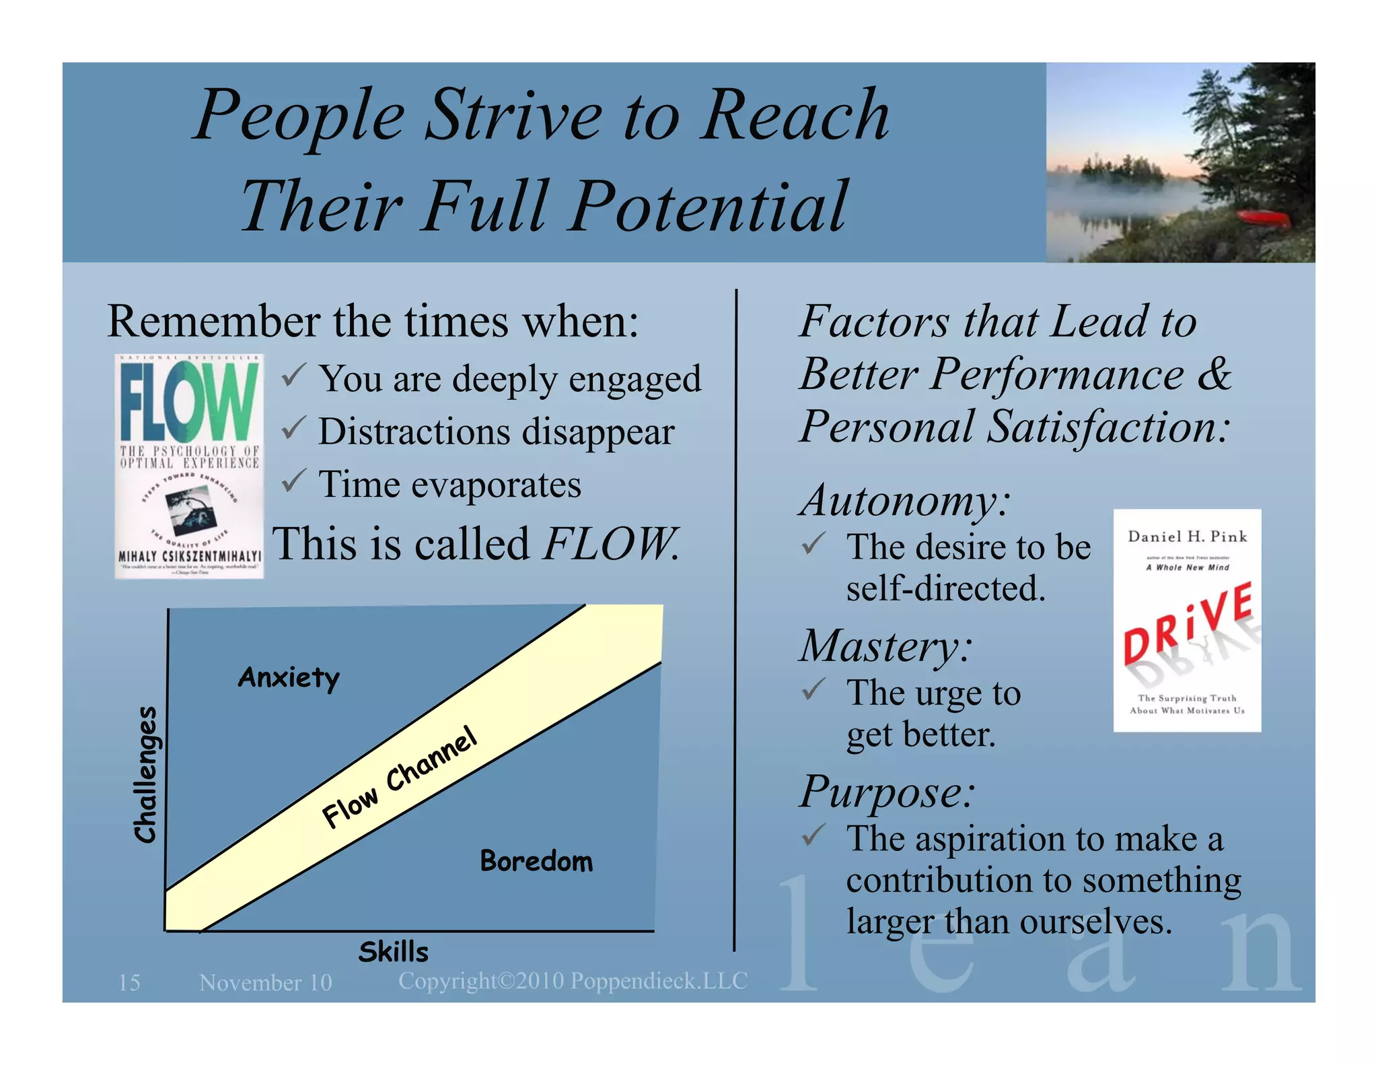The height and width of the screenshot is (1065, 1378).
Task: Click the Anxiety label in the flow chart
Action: (x=289, y=677)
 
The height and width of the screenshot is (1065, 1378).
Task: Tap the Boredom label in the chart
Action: (x=536, y=861)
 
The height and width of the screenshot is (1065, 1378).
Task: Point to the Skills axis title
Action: (x=394, y=952)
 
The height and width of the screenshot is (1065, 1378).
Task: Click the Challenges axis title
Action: (x=146, y=774)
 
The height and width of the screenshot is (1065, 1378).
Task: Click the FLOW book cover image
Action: (x=189, y=466)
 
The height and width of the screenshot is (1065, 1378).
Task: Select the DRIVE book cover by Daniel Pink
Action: (x=1187, y=620)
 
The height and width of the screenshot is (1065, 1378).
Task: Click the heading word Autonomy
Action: (x=904, y=501)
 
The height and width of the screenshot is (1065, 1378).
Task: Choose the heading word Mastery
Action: (x=885, y=646)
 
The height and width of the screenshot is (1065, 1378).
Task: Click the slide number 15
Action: (x=129, y=982)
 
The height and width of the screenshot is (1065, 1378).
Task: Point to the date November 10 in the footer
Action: (x=266, y=983)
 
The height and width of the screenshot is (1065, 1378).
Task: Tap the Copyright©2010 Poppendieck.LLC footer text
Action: (x=573, y=981)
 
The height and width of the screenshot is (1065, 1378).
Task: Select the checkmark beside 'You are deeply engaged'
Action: (x=293, y=374)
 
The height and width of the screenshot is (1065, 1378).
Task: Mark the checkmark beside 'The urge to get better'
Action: (x=813, y=689)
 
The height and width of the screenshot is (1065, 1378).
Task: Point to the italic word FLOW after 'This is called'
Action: (x=610, y=544)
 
